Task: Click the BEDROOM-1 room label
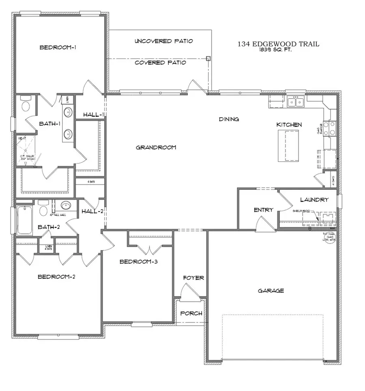[x=58, y=47]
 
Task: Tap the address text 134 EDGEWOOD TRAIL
[x=278, y=44]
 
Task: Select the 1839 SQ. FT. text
[x=278, y=51]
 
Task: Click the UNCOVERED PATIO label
[x=163, y=41]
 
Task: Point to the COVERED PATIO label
[x=160, y=62]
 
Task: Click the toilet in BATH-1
[x=26, y=105]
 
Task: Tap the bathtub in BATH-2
[x=25, y=220]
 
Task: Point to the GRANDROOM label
[x=156, y=147]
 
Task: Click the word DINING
[x=229, y=119]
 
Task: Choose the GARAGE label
[x=271, y=290]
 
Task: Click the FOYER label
[x=193, y=278]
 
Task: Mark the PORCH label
[x=191, y=314]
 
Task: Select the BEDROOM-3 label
[x=138, y=262]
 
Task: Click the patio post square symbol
[x=208, y=58]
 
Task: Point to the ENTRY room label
[x=263, y=210]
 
